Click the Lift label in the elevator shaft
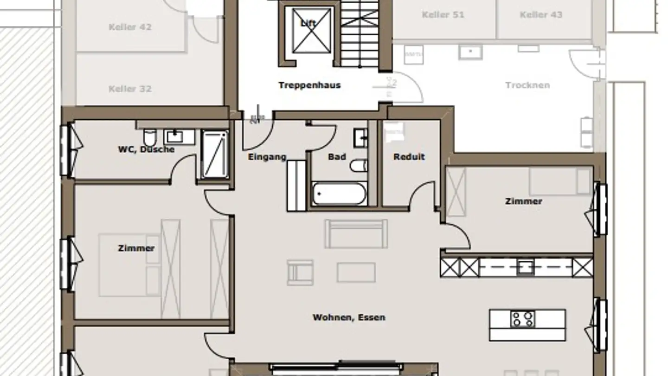pyautogui.click(x=308, y=23)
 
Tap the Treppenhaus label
pyautogui.click(x=309, y=85)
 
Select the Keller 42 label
pyautogui.click(x=130, y=27)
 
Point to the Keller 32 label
pyautogui.click(x=130, y=89)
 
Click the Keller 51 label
pyautogui.click(x=443, y=15)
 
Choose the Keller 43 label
pyautogui.click(x=541, y=15)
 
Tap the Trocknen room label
pyautogui.click(x=527, y=85)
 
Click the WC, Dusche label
pyautogui.click(x=146, y=149)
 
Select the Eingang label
pyautogui.click(x=267, y=157)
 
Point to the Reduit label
pyautogui.click(x=409, y=157)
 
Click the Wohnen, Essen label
pyautogui.click(x=349, y=318)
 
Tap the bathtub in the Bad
pyautogui.click(x=340, y=194)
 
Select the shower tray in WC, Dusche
pyautogui.click(x=215, y=155)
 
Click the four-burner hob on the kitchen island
pyautogui.click(x=523, y=319)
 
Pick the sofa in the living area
pyautogui.click(x=356, y=234)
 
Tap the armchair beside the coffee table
pyautogui.click(x=300, y=272)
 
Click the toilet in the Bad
pyautogui.click(x=359, y=165)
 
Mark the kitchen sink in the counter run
pyautogui.click(x=525, y=267)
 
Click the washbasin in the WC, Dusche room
pyautogui.click(x=175, y=136)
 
